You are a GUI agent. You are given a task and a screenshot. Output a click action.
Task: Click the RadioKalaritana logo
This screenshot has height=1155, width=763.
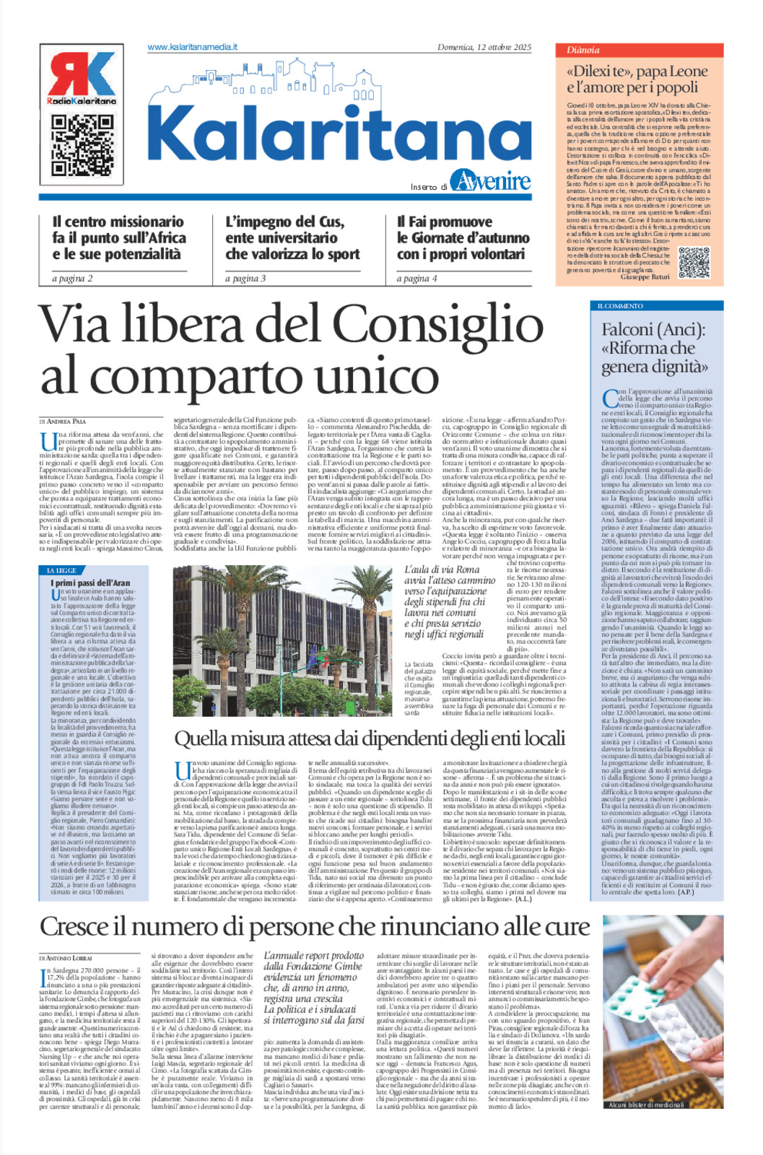82,78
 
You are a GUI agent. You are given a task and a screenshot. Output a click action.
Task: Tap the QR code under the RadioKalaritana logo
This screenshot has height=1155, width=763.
82,144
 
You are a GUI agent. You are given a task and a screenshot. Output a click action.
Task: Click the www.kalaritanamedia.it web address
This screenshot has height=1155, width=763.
192,47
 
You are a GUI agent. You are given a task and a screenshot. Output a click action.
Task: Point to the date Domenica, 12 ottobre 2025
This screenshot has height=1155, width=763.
484,47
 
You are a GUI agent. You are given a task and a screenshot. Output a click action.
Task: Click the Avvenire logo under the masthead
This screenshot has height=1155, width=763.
490,180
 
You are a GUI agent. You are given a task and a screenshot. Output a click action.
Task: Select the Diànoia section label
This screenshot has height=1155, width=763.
583,50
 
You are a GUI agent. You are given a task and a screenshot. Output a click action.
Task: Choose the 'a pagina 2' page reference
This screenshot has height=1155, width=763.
72,278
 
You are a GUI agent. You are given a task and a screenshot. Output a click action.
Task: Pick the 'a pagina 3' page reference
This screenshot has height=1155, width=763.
245,278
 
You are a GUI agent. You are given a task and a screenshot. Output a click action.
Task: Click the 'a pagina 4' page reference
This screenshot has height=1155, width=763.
417,278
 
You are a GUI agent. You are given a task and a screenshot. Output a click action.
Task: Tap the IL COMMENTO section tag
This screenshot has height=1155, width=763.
620,306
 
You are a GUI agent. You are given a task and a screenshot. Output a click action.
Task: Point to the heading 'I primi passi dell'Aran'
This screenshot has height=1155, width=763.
90,582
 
